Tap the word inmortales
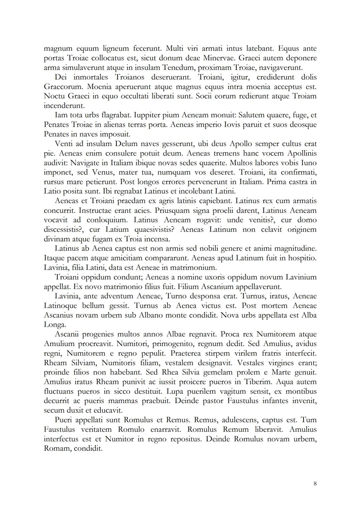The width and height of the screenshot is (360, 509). (91, 77)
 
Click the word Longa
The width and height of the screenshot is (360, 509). (55, 325)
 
